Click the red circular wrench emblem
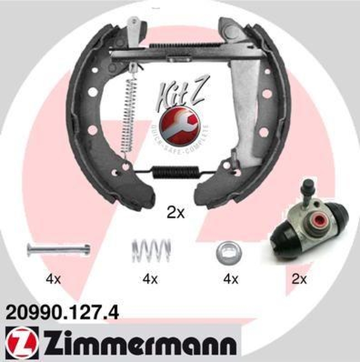click(x=180, y=123)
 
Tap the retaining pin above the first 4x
click(x=58, y=249)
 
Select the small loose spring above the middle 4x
click(x=151, y=249)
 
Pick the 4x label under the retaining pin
click(x=53, y=280)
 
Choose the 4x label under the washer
click(x=231, y=280)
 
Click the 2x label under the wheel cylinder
click(x=299, y=280)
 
